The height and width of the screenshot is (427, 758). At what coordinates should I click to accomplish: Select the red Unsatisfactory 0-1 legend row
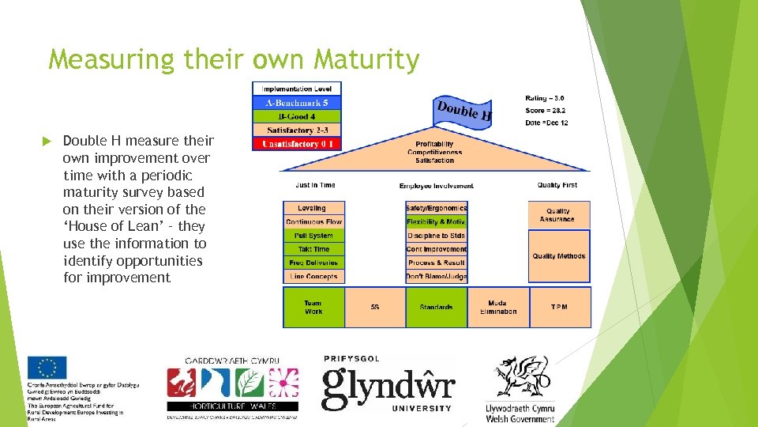click(297, 144)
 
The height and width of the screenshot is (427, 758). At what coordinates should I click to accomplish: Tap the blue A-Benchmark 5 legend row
click(297, 103)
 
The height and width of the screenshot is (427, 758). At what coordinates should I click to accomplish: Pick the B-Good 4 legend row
click(297, 117)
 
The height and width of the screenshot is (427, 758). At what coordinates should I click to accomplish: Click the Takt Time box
click(313, 249)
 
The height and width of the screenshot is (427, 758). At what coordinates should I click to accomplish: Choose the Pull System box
click(313, 236)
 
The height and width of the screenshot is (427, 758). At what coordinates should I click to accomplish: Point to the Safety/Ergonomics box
click(437, 208)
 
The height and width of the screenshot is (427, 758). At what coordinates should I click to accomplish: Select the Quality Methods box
click(559, 256)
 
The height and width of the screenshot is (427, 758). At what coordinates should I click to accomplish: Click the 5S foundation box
click(375, 307)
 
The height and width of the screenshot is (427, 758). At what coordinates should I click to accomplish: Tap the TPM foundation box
click(559, 307)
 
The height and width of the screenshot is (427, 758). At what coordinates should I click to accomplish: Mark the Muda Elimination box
click(498, 307)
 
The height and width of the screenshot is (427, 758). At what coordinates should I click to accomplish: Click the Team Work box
click(313, 307)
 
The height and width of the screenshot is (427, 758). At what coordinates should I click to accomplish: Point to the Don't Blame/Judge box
click(437, 277)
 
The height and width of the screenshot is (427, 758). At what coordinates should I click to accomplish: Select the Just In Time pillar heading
click(316, 185)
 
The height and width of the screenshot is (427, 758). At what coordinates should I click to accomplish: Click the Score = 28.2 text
click(546, 111)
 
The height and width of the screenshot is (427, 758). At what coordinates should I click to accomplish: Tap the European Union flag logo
click(47, 368)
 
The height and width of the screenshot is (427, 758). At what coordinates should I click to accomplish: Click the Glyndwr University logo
click(388, 384)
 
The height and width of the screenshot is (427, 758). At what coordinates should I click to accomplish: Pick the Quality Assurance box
click(559, 215)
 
